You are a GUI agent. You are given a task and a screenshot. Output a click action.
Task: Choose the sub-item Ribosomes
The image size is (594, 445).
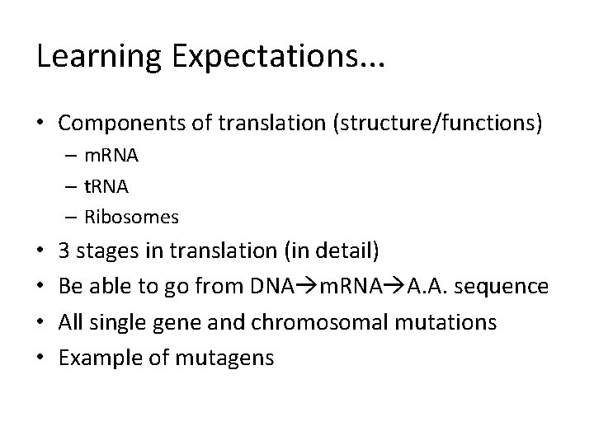pyautogui.click(x=129, y=217)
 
